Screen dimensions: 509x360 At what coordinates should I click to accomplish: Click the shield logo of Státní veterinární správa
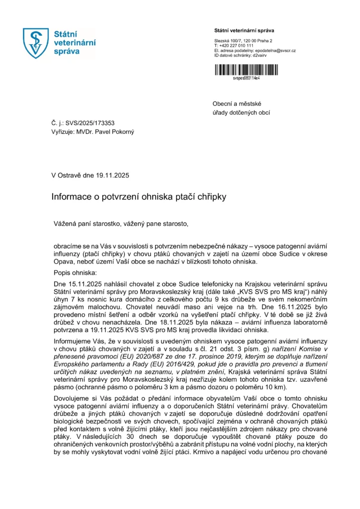(37, 43)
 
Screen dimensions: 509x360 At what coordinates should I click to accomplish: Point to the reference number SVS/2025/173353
(92, 122)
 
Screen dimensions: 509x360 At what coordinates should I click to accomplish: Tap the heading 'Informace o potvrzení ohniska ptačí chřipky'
(139, 197)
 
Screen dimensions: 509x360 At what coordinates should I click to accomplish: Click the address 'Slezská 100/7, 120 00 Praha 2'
(243, 40)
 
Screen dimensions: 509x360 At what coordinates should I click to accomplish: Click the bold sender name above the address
(244, 31)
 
